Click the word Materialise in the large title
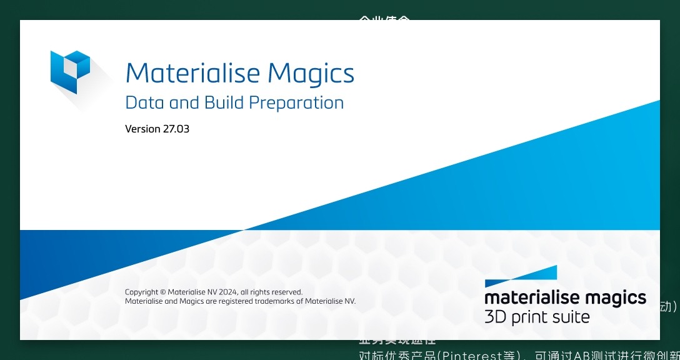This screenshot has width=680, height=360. pos(194,73)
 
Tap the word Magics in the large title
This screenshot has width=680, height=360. pos(311,74)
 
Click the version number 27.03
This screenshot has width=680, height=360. pos(177,129)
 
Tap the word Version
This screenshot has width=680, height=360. pos(143,129)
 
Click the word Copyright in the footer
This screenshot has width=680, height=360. pos(141,292)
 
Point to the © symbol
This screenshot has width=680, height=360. pos(162,292)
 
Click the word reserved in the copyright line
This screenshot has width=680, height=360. pos(284,292)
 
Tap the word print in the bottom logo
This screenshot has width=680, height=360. pos(529,317)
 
